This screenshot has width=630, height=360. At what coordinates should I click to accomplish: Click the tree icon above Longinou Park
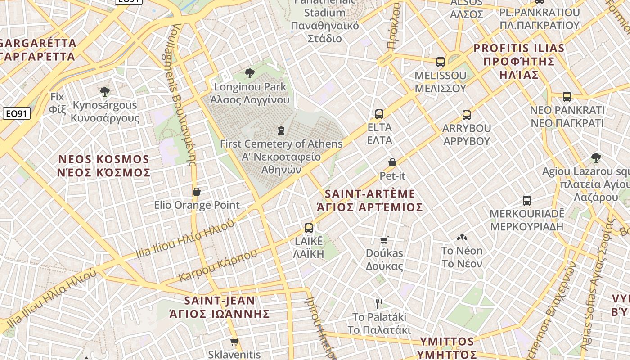pos(249,73)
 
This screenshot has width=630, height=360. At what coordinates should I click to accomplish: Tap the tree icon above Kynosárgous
pos(105,92)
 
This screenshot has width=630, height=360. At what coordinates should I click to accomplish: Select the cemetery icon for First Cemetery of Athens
pos(281,130)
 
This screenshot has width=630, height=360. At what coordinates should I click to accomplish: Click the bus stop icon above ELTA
pos(379,114)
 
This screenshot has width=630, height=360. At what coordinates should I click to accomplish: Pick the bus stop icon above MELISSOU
pos(441,62)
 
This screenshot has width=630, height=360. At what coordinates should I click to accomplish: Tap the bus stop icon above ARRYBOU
pos(467,115)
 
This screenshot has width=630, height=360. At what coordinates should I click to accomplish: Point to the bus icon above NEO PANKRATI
pos(567,97)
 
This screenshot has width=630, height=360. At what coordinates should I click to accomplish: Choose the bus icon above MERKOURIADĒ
pos(527,201)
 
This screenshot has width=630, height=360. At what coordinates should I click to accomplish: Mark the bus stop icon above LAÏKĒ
pos(309,228)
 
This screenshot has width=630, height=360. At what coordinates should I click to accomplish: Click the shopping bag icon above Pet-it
pos(392,162)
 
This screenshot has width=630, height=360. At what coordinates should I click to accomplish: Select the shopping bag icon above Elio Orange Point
pos(197,192)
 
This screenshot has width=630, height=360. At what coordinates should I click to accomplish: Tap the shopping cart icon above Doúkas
pos(384,240)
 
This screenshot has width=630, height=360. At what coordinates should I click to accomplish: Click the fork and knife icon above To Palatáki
pos(379,304)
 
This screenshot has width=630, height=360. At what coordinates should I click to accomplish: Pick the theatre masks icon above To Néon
pos(462,238)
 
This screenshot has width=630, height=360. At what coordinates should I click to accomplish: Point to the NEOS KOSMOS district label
pos(104,166)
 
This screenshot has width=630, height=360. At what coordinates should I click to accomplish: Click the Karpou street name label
pos(218,265)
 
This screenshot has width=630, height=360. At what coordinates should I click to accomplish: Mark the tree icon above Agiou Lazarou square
pos(596,158)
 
